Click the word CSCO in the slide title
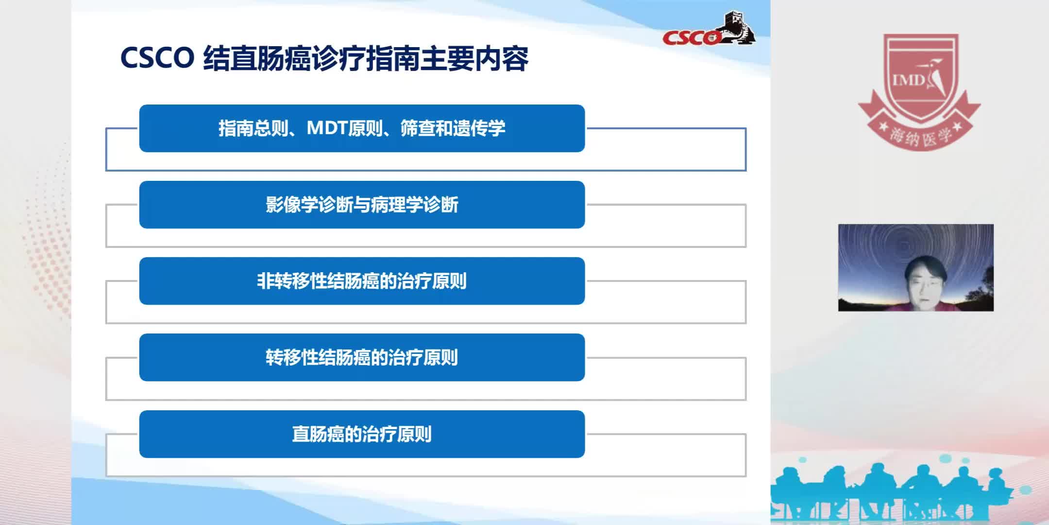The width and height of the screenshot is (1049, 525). (157, 58)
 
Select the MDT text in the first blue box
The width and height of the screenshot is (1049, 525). (327, 128)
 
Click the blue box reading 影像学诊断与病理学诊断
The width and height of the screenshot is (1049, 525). (362, 205)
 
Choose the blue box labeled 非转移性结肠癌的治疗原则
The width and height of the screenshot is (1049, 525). (362, 281)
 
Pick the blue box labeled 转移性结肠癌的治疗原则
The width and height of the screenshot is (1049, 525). (362, 357)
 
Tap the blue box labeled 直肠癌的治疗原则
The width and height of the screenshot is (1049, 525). (362, 434)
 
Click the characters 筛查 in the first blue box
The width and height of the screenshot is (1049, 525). (418, 128)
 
